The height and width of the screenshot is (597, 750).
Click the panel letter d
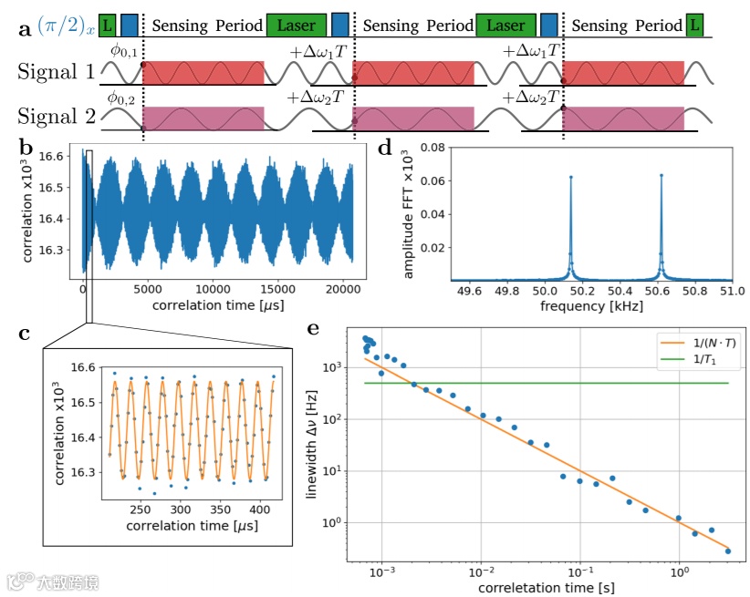point(385,147)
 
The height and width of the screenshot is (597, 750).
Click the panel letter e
point(314,329)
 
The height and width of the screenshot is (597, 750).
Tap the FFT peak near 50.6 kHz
point(661,176)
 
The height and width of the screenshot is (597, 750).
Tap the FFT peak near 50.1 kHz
point(570,178)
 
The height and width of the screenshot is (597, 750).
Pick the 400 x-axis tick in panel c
point(262,510)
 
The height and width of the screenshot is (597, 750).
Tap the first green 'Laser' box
point(297,26)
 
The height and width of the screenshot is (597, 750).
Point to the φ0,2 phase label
point(120,98)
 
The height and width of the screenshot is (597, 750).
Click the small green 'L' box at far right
point(695,26)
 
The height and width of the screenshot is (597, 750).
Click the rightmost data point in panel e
point(728,551)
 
